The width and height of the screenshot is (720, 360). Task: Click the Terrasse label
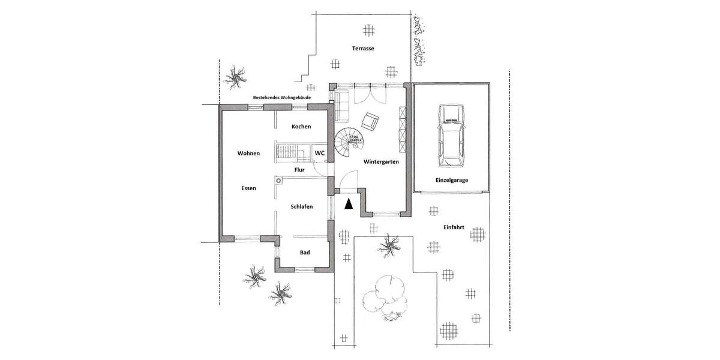coord(364,49)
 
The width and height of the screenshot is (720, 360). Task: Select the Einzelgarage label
coord(452,180)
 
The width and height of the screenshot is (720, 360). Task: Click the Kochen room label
coord(301,127)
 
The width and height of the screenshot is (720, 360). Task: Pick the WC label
coord(320,154)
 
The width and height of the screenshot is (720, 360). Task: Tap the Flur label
coord(300,170)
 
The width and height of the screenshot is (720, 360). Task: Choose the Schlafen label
coord(302,206)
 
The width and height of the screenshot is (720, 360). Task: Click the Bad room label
coord(305,253)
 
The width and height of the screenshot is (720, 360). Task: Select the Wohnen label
coord(248,154)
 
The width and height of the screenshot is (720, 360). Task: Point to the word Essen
coord(248,188)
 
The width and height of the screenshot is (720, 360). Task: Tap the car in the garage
coord(451,136)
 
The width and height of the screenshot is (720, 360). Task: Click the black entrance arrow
coord(349,204)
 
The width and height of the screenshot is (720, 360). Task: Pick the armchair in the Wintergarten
coord(370,122)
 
